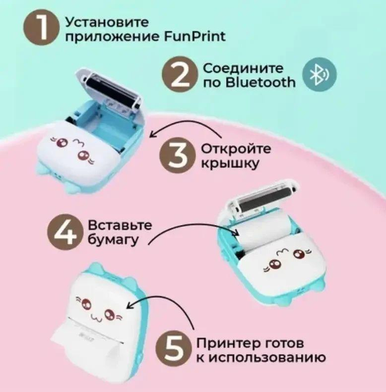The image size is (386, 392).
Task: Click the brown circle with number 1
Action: (42, 27)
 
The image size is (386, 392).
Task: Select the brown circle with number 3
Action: (177, 156)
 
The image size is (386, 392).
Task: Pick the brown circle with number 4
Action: (65, 232)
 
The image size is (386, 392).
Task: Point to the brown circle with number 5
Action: (173, 349)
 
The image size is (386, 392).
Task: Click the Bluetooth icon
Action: (319, 75)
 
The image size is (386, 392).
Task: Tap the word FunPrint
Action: (195, 37)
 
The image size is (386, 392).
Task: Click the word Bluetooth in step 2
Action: (260, 82)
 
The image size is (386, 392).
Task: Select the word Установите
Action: (107, 22)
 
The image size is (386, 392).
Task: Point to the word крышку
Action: (230, 164)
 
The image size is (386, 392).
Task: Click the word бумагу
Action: (113, 240)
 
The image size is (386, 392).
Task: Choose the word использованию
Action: (267, 358)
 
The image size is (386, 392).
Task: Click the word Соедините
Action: (243, 68)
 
